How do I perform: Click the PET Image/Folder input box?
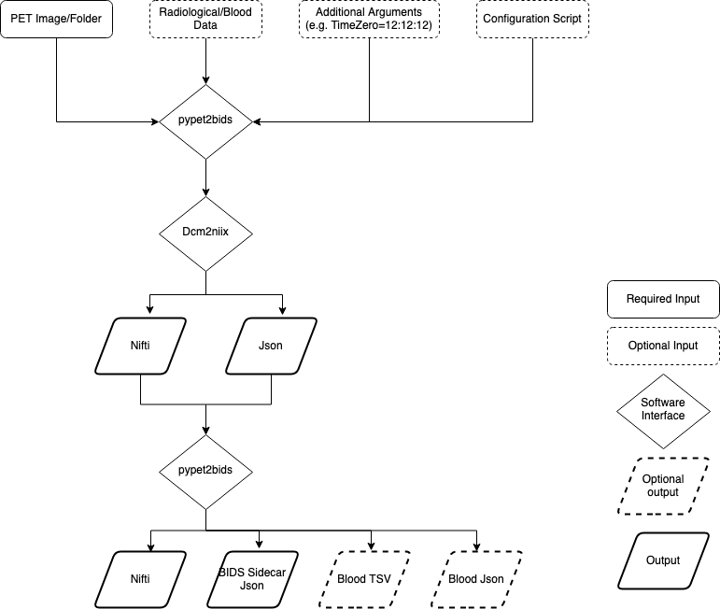coord(56,19)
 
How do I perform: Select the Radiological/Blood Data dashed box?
coord(205,19)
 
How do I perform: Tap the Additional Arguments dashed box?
coord(369,19)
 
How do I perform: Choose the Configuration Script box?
coord(532,19)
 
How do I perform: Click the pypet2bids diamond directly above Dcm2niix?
coord(205,121)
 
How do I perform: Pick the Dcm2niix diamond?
coord(205,234)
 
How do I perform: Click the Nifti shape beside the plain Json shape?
coord(140,346)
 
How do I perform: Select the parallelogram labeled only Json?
coord(271,346)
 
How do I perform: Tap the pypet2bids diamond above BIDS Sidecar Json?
coord(205,469)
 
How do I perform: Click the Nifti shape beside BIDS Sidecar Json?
coord(140,579)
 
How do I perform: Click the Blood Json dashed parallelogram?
coord(476,579)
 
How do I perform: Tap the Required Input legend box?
coord(663,300)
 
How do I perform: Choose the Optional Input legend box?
coord(663,346)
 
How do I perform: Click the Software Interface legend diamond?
coord(663,409)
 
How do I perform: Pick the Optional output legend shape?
coord(663,486)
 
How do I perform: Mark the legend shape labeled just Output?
coord(663,560)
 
